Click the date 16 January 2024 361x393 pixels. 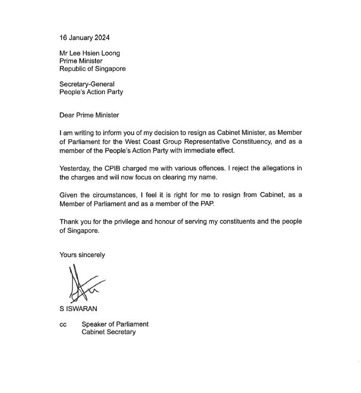click(x=85, y=38)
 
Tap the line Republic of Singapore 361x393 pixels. click(x=93, y=69)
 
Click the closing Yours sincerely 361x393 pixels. click(x=82, y=255)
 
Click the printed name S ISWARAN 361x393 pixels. click(x=78, y=309)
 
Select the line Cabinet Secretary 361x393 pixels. click(x=109, y=332)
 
